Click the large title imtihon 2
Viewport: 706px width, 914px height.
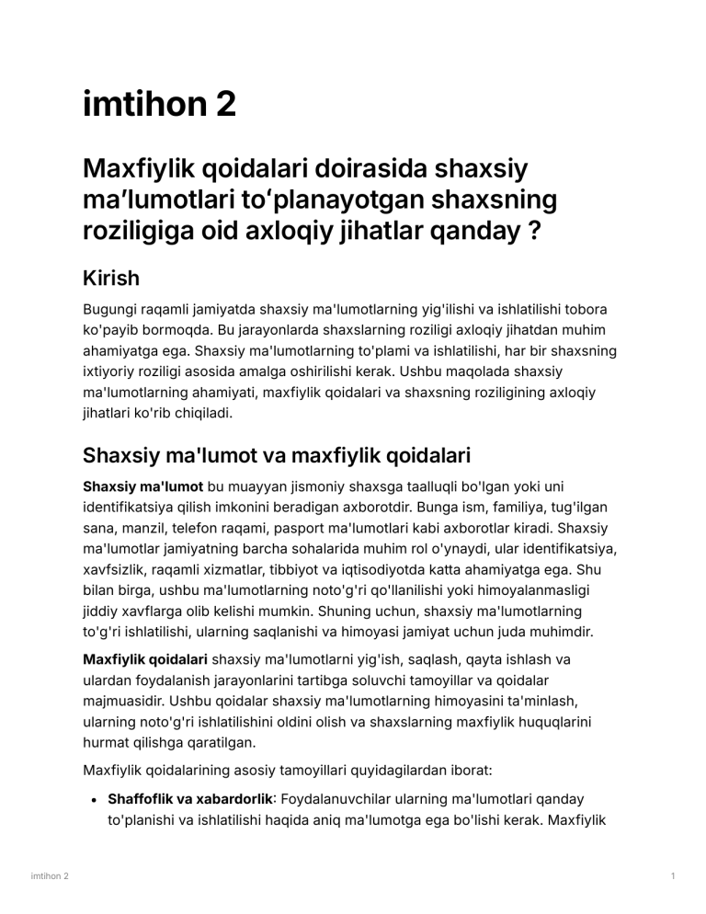[x=159, y=104]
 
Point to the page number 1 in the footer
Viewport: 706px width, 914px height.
[x=674, y=876]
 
